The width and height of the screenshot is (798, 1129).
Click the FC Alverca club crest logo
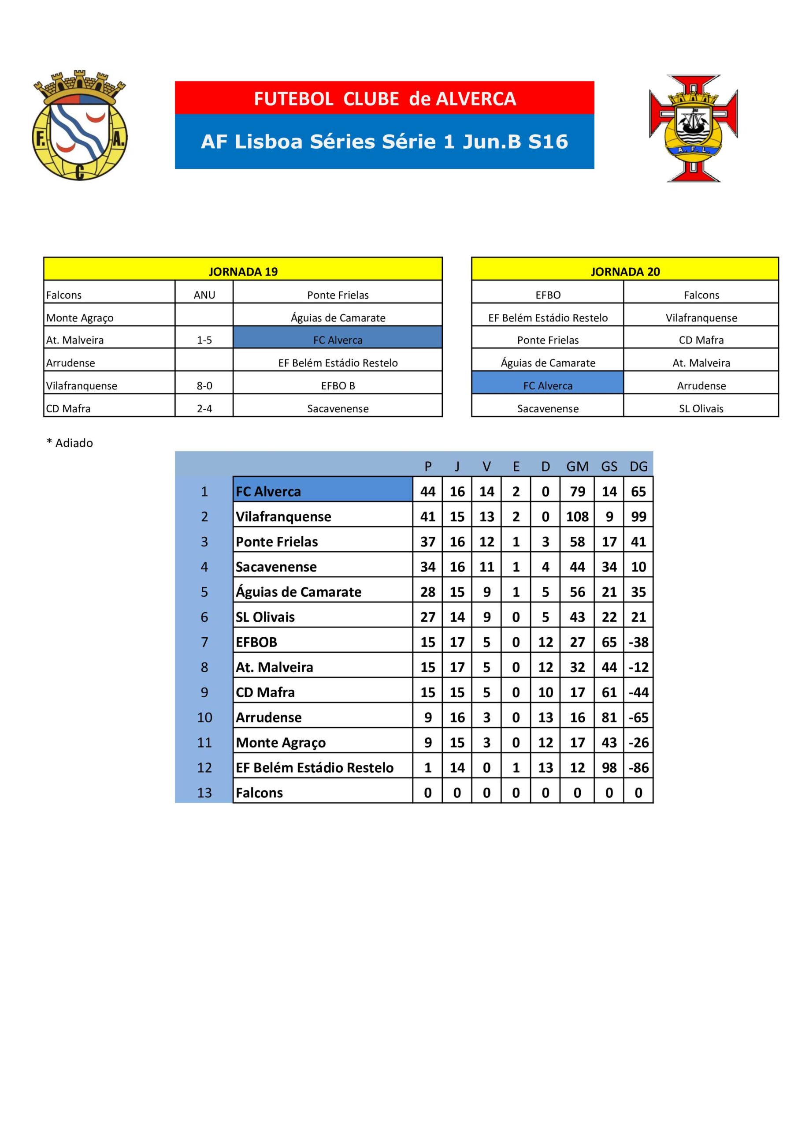point(80,126)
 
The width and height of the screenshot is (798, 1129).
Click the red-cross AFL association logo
point(693,128)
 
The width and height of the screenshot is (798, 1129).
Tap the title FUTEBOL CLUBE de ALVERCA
point(385,99)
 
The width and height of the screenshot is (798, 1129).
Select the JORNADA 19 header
point(243,271)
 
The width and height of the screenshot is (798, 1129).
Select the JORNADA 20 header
point(625,271)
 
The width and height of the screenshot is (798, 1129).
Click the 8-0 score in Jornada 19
point(204,386)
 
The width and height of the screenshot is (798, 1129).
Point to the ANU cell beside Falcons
point(204,295)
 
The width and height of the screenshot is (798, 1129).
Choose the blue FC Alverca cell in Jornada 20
point(547,386)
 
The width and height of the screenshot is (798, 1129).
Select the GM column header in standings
point(577,467)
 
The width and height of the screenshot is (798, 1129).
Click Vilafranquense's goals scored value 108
point(577,517)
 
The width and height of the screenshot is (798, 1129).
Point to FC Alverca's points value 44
point(427,492)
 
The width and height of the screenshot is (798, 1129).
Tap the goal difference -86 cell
point(638,767)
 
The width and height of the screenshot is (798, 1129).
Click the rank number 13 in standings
point(204,793)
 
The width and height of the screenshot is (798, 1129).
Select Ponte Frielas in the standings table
point(277,542)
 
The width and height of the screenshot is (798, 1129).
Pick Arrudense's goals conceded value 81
point(609,718)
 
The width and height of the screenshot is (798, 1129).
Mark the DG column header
point(638,467)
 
